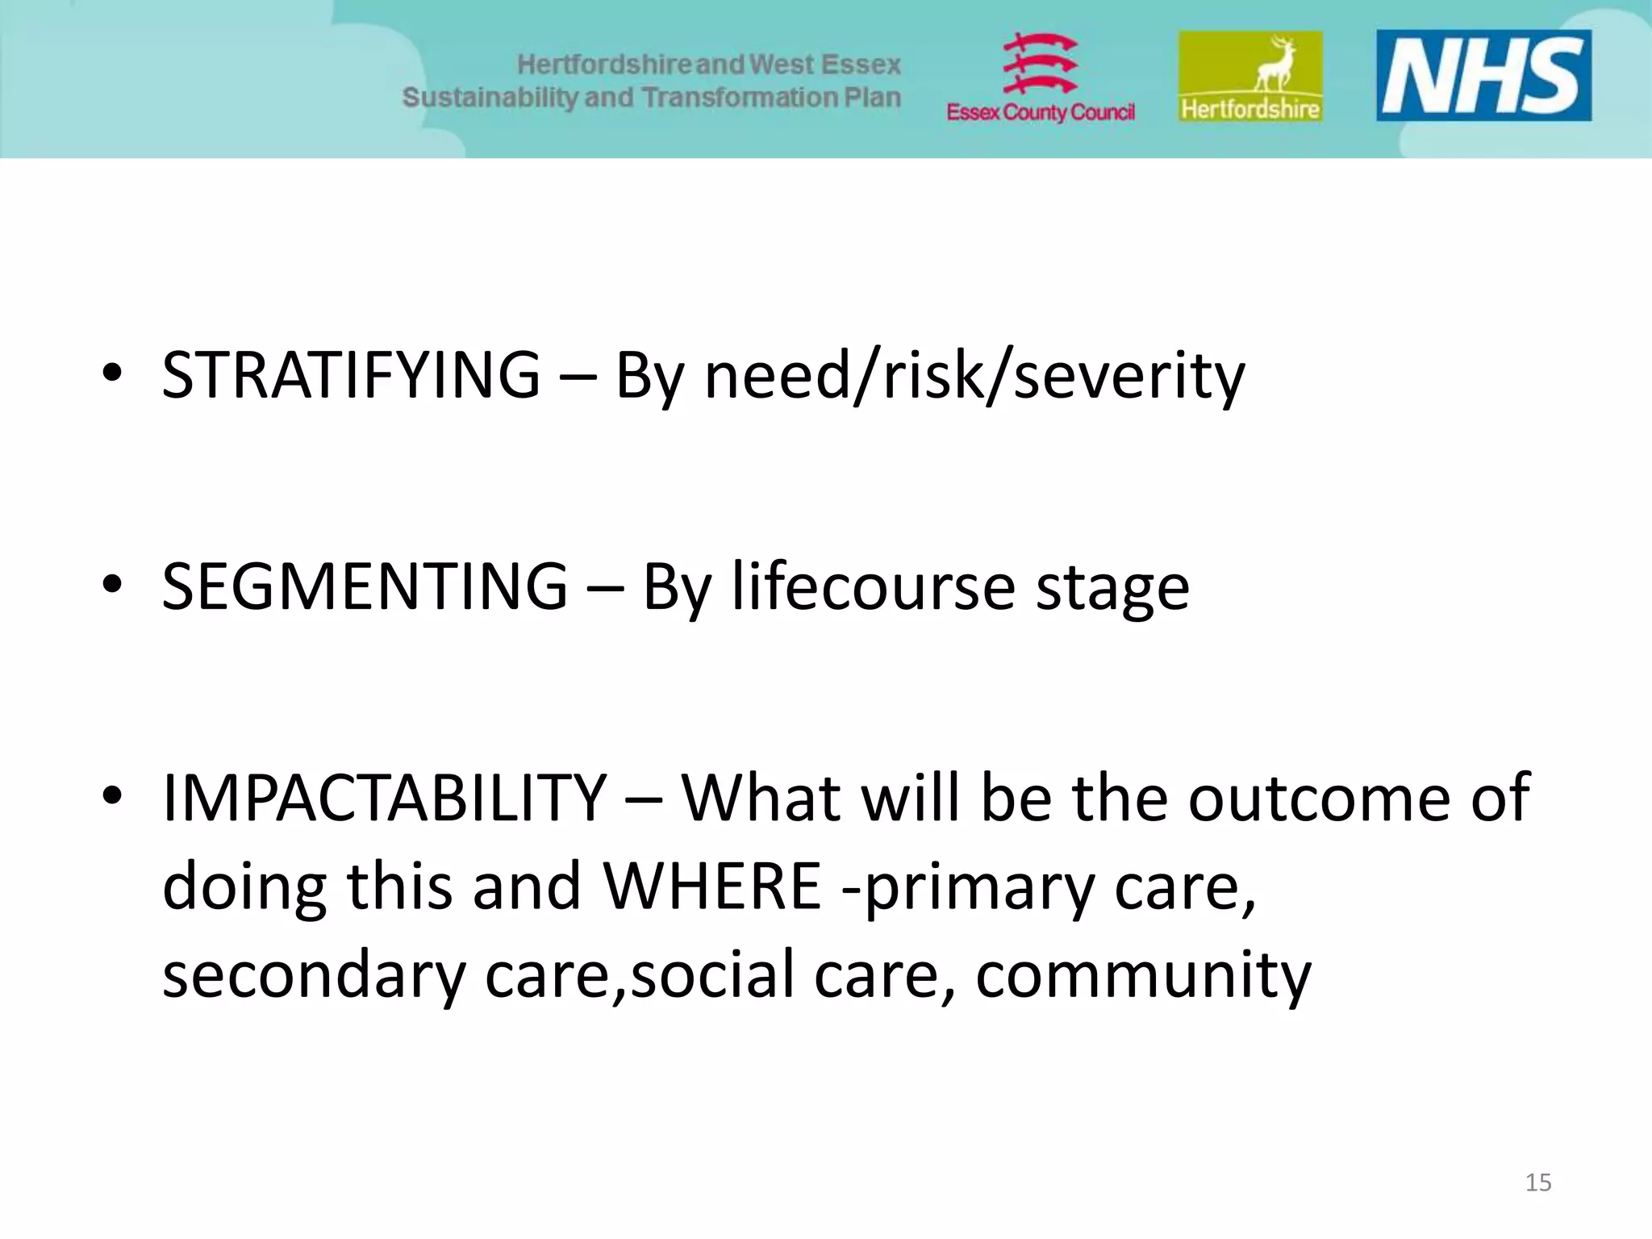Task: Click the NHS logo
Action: pyautogui.click(x=1483, y=75)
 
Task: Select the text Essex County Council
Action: pyautogui.click(x=1040, y=112)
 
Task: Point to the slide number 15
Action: pyautogui.click(x=1537, y=1183)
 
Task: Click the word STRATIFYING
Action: pyautogui.click(x=351, y=375)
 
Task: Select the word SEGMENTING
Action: pyautogui.click(x=365, y=586)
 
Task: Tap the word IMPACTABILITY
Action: pyautogui.click(x=384, y=798)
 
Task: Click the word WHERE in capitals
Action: pyautogui.click(x=712, y=886)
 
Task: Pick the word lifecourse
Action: pyautogui.click(x=873, y=586)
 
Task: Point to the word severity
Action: pyautogui.click(x=1128, y=375)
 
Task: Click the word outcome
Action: pyautogui.click(x=1319, y=798)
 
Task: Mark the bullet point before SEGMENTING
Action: pyautogui.click(x=112, y=584)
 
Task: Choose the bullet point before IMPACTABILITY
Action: pyautogui.click(x=112, y=795)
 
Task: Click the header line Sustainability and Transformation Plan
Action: pyautogui.click(x=651, y=98)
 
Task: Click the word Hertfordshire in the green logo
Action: pyautogui.click(x=1249, y=108)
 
